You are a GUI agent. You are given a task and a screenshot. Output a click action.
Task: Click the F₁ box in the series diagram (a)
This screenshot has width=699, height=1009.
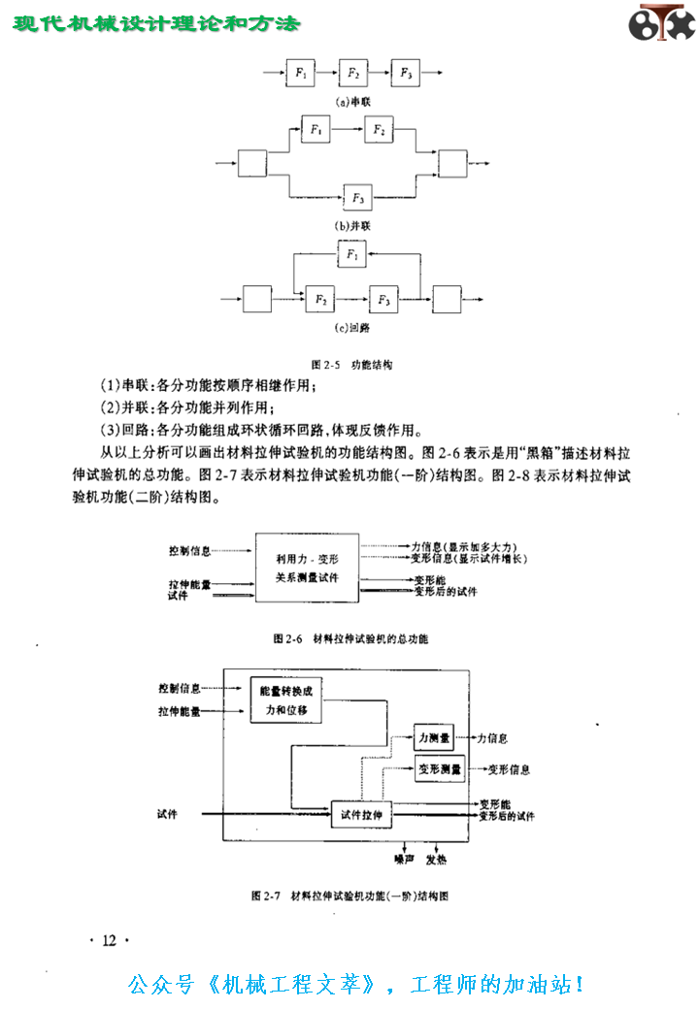(301, 73)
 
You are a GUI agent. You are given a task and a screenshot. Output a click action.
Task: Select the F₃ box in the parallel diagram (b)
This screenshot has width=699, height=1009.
(358, 197)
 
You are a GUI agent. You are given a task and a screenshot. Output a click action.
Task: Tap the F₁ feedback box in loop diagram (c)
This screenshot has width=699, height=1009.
(352, 256)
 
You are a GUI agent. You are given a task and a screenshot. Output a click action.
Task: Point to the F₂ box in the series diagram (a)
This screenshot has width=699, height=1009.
(353, 73)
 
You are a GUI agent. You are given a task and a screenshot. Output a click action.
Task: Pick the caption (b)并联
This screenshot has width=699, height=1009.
(353, 226)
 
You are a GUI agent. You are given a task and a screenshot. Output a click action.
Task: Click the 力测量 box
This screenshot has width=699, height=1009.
(433, 739)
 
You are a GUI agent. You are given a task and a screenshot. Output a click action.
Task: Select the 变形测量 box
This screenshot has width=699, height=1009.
(439, 770)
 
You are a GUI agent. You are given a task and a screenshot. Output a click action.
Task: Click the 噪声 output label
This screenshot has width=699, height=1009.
(405, 859)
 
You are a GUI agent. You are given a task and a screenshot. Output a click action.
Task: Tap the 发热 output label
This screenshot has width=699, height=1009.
(436, 859)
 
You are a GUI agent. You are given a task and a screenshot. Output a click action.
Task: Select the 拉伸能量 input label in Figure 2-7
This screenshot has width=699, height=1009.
(180, 711)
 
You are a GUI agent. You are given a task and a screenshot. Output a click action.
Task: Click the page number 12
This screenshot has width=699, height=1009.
(109, 940)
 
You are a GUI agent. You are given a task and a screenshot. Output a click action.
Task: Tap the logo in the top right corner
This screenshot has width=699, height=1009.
(661, 24)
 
